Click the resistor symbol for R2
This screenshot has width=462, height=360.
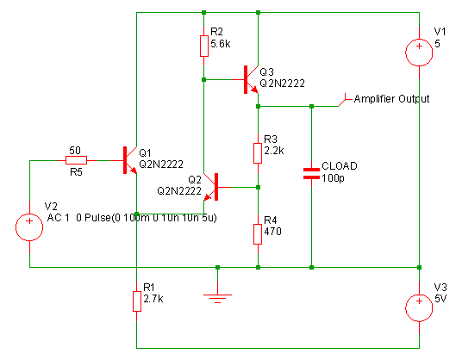204,46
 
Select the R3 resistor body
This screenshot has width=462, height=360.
258,153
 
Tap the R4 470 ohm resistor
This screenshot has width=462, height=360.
258,234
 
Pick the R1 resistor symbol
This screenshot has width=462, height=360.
137,301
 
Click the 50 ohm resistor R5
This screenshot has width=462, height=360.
76,160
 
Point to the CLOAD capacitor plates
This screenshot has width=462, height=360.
311,173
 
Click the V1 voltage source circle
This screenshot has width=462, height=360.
419,53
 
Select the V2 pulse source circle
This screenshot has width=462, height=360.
29,227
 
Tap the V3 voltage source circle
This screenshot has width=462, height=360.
419,308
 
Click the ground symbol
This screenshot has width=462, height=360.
217,298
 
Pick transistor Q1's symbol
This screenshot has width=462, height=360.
129,160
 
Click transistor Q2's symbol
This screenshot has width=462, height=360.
211,187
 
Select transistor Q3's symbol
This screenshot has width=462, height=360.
251,79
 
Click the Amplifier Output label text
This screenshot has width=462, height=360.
391,99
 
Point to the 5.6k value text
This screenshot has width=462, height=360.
221,44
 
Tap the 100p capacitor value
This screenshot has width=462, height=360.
333,178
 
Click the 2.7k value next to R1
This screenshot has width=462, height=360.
153,299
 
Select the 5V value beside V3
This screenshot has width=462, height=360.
440,299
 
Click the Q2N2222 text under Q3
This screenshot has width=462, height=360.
282,84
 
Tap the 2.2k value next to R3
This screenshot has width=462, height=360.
274,151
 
